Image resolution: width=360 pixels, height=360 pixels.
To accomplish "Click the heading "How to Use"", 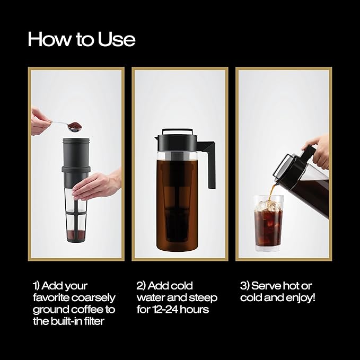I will click(81, 39).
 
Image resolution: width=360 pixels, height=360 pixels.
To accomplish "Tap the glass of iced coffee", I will click(268, 223).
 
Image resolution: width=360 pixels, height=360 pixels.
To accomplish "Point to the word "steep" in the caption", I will click(204, 297).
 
